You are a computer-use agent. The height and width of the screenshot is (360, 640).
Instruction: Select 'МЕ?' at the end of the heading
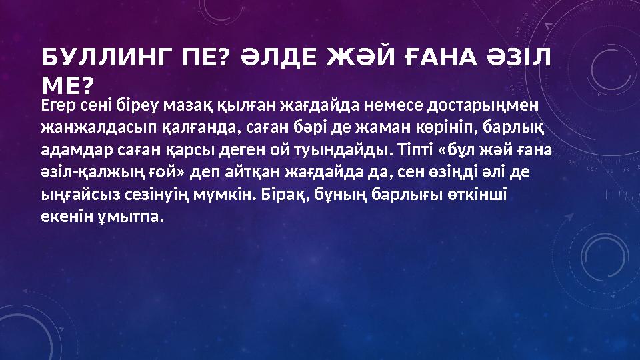[67, 85]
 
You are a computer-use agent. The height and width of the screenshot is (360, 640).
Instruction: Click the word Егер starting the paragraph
[55, 105]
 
